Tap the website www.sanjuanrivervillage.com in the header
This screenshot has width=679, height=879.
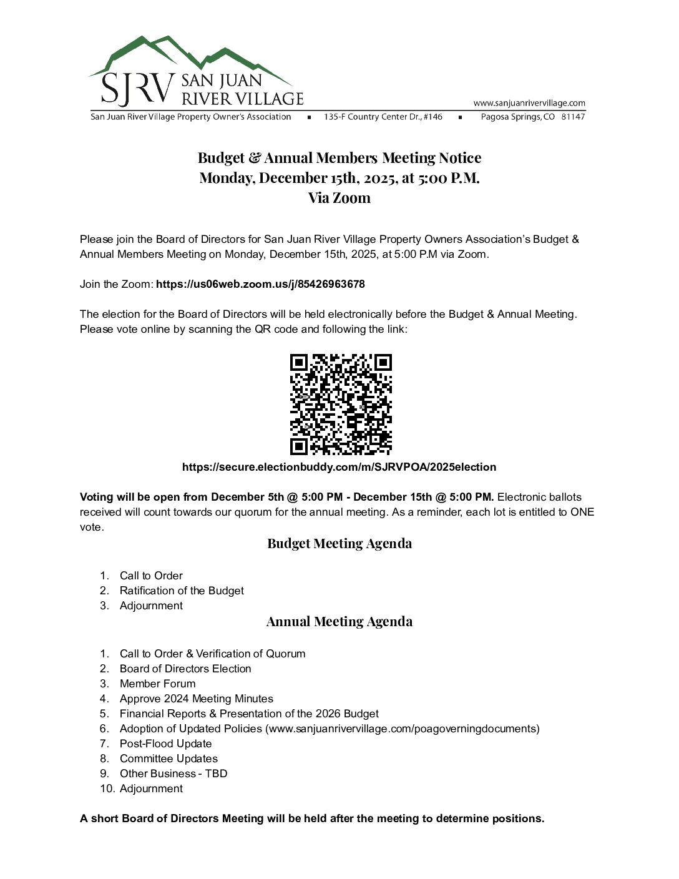(x=529, y=103)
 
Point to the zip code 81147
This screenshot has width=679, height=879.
(x=573, y=117)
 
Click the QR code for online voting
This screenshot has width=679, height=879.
(x=341, y=404)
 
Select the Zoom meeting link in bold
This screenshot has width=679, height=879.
(x=260, y=284)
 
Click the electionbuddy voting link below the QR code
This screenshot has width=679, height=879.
(x=339, y=467)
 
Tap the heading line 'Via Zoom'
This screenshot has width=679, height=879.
(x=339, y=198)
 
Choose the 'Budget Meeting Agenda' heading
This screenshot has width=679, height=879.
(x=339, y=543)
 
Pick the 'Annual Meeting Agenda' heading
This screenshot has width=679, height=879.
(x=339, y=621)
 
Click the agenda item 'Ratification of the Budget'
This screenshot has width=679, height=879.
(x=182, y=591)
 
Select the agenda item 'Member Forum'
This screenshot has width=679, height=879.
(x=157, y=684)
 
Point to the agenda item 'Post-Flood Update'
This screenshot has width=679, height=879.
(x=165, y=744)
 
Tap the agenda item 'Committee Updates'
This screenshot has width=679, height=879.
(x=169, y=759)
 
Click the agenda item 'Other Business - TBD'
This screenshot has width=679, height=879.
(x=173, y=773)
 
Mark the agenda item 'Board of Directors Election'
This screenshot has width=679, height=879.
(x=185, y=669)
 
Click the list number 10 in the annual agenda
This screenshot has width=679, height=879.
(x=107, y=788)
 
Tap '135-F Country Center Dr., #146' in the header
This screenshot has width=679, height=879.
(x=383, y=117)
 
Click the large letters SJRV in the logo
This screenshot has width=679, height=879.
(x=137, y=89)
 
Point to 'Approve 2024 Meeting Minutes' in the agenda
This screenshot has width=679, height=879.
(x=196, y=699)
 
